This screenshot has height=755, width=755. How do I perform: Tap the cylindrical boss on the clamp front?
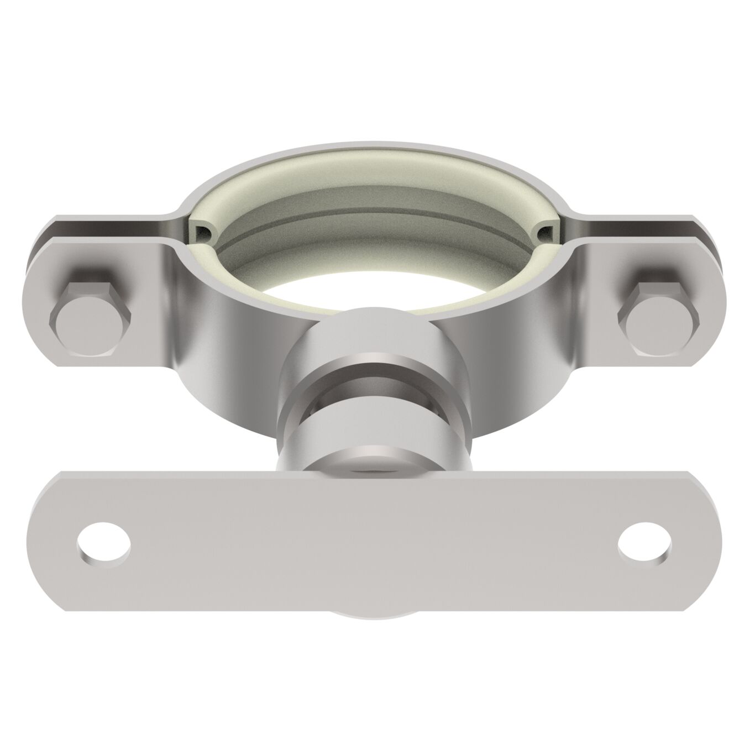[x=376, y=337]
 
